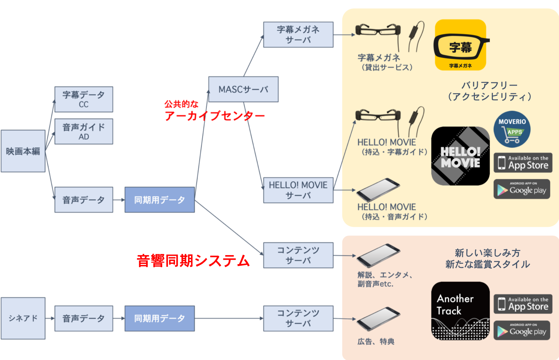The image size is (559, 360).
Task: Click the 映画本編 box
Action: (23, 151)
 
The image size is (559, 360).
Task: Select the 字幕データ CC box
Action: (83, 99)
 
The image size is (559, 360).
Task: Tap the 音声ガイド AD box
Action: (83, 131)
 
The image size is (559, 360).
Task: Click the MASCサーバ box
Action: (243, 89)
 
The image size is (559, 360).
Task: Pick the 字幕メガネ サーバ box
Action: (298, 34)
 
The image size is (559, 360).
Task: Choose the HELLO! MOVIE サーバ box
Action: (298, 190)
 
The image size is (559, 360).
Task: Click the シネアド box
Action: (23, 318)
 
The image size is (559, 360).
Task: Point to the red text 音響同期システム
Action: (193, 261)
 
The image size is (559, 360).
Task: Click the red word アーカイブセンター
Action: (214, 116)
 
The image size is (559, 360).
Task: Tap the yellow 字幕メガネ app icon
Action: (460, 45)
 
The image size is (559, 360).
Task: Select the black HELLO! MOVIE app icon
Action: (460, 156)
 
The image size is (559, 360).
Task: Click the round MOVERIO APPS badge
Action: (512, 129)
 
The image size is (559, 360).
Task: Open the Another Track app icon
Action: (460, 311)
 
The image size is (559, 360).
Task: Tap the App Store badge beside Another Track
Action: (523, 304)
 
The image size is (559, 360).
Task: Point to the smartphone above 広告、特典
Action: (378, 319)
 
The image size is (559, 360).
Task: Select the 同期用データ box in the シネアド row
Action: (159, 318)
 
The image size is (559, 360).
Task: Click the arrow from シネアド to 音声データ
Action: (50, 318)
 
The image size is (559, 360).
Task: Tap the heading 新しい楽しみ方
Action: (487, 252)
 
